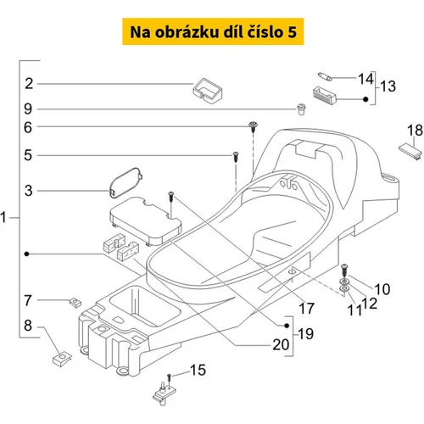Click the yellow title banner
click(213, 31)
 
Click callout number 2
click(29, 84)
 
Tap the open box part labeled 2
click(208, 91)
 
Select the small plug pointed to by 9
click(302, 109)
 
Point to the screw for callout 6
click(253, 126)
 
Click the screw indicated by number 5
click(236, 156)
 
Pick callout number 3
click(29, 191)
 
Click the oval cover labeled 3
click(126, 182)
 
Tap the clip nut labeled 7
click(75, 303)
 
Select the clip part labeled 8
click(62, 359)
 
